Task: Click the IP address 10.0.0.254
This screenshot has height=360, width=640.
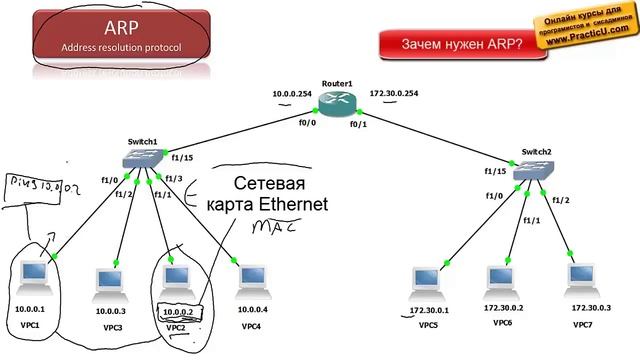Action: pyautogui.click(x=291, y=94)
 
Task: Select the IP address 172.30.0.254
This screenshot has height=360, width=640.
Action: pyautogui.click(x=393, y=93)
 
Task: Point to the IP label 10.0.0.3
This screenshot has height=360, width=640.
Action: pyautogui.click(x=110, y=311)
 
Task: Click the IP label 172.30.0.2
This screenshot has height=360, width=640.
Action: pyautogui.click(x=504, y=310)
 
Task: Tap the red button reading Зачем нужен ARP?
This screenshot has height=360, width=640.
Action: pyautogui.click(x=461, y=45)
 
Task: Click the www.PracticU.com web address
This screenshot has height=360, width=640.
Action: pyautogui.click(x=586, y=45)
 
